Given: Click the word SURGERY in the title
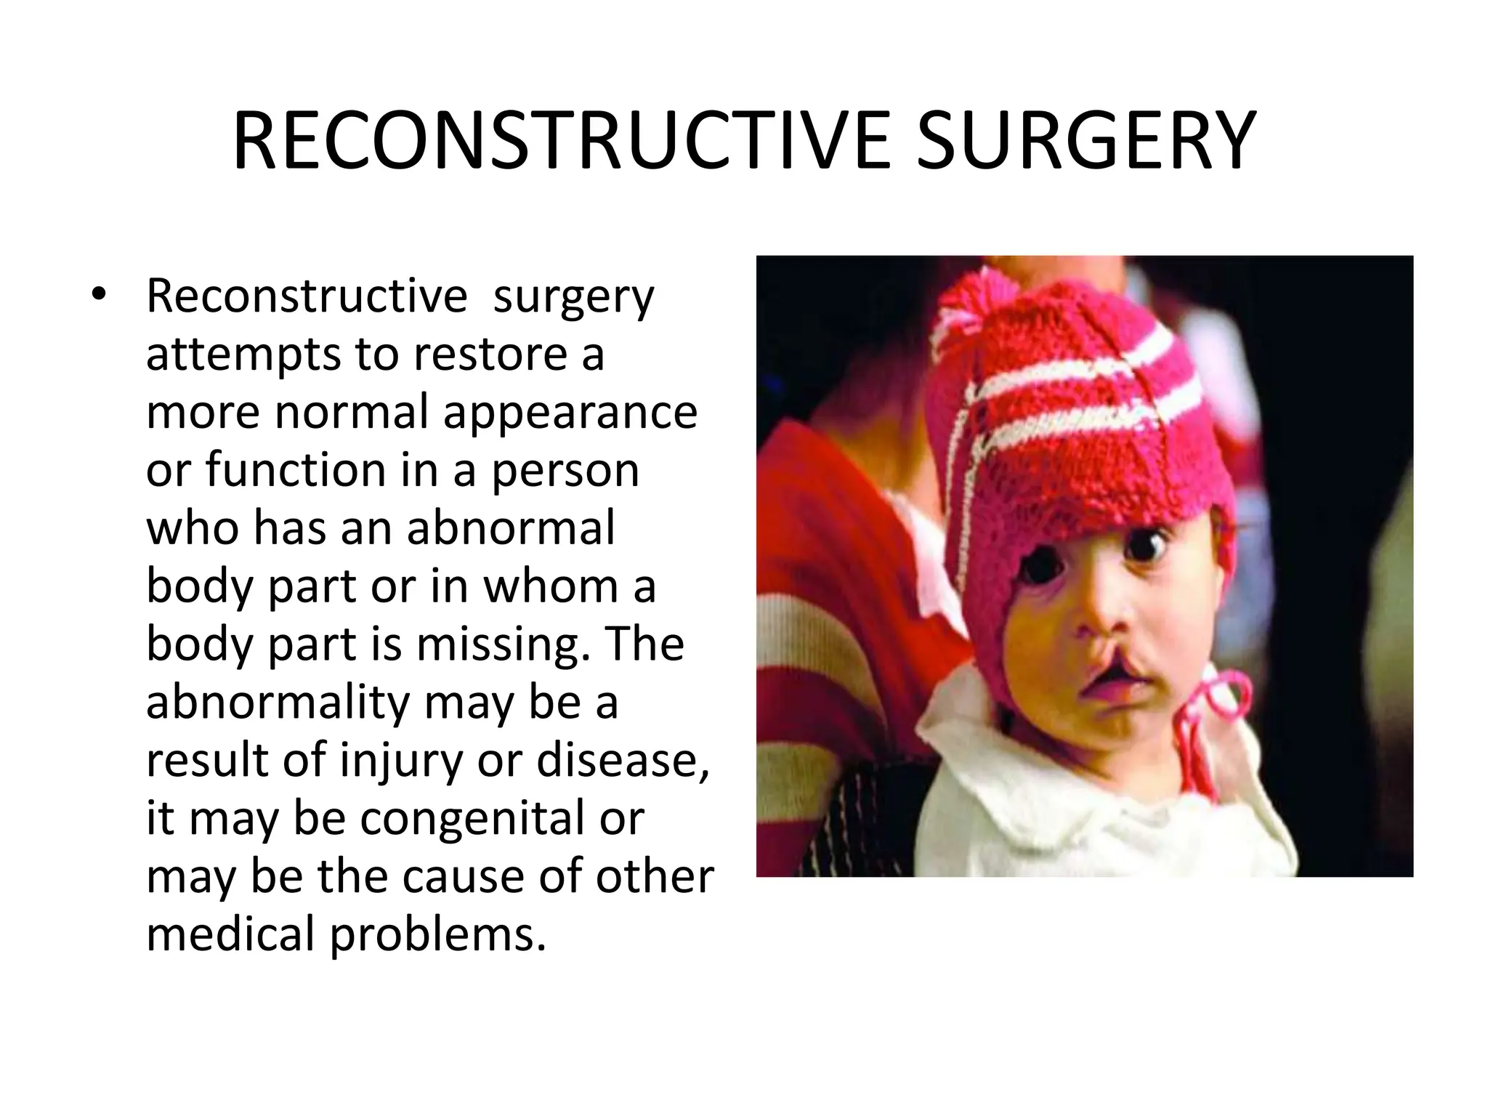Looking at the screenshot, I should pos(1085,141).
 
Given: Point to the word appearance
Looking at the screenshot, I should pos(570,413).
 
